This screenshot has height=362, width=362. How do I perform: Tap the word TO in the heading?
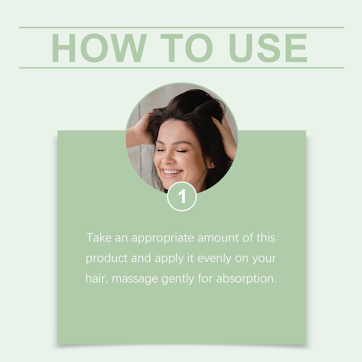187,48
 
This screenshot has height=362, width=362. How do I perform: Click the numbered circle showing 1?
182,197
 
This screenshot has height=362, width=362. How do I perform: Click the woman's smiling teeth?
172,172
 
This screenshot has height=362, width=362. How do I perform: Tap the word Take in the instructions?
95,238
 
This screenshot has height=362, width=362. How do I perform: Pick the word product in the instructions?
106,259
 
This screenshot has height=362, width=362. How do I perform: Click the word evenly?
214,259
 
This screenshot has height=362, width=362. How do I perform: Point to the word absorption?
246,279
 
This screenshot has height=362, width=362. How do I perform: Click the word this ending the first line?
266,238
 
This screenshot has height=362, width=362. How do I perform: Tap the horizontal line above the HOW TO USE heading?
181,27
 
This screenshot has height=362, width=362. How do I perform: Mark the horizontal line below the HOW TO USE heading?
181,68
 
